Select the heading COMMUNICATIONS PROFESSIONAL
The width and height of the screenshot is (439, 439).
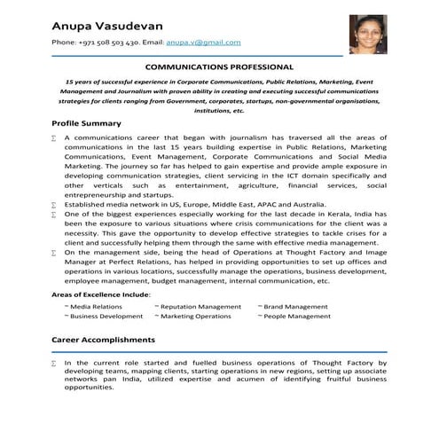point(219,67)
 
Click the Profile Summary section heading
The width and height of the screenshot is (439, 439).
point(86,122)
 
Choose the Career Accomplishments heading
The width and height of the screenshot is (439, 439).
point(103,339)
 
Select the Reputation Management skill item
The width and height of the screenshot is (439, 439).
point(200,307)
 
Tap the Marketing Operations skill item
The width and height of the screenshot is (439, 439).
point(195,317)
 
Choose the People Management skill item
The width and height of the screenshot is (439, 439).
point(298,317)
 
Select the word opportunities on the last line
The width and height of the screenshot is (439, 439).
point(89,387)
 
